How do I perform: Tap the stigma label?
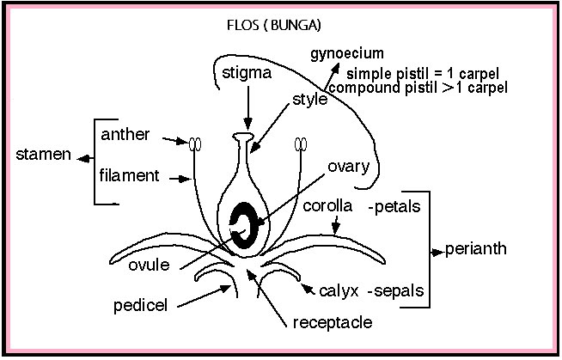coord(246,73)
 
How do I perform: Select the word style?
coord(310,100)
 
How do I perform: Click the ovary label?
coord(348,166)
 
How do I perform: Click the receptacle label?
coord(332,323)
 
